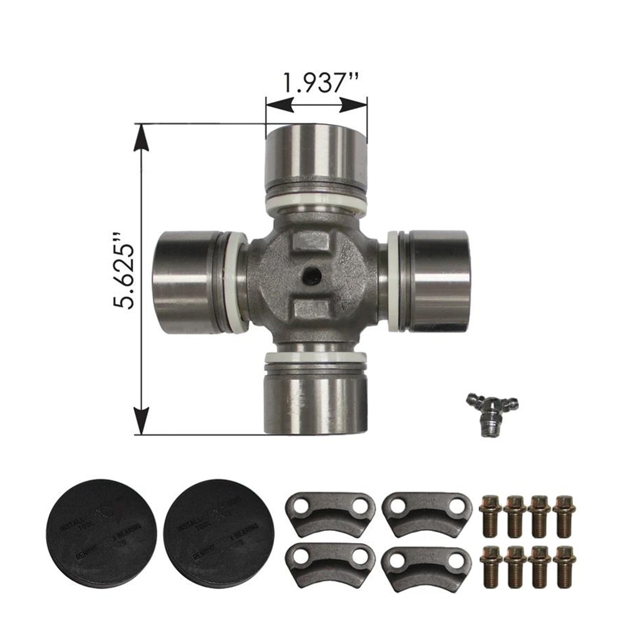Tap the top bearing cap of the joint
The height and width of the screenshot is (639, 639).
coord(315,153)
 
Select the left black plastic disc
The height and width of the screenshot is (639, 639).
coord(101,532)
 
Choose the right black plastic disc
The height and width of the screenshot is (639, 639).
coord(218,532)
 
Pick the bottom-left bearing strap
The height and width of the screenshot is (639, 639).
coord(329,563)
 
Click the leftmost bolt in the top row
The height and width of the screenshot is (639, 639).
coord(490,515)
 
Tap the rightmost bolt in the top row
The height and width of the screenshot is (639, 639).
coord(564,515)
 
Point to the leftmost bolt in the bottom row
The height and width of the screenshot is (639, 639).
coord(490,565)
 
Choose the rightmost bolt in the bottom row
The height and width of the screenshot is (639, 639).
coord(564,565)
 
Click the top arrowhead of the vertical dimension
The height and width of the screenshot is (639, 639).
coord(142,136)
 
